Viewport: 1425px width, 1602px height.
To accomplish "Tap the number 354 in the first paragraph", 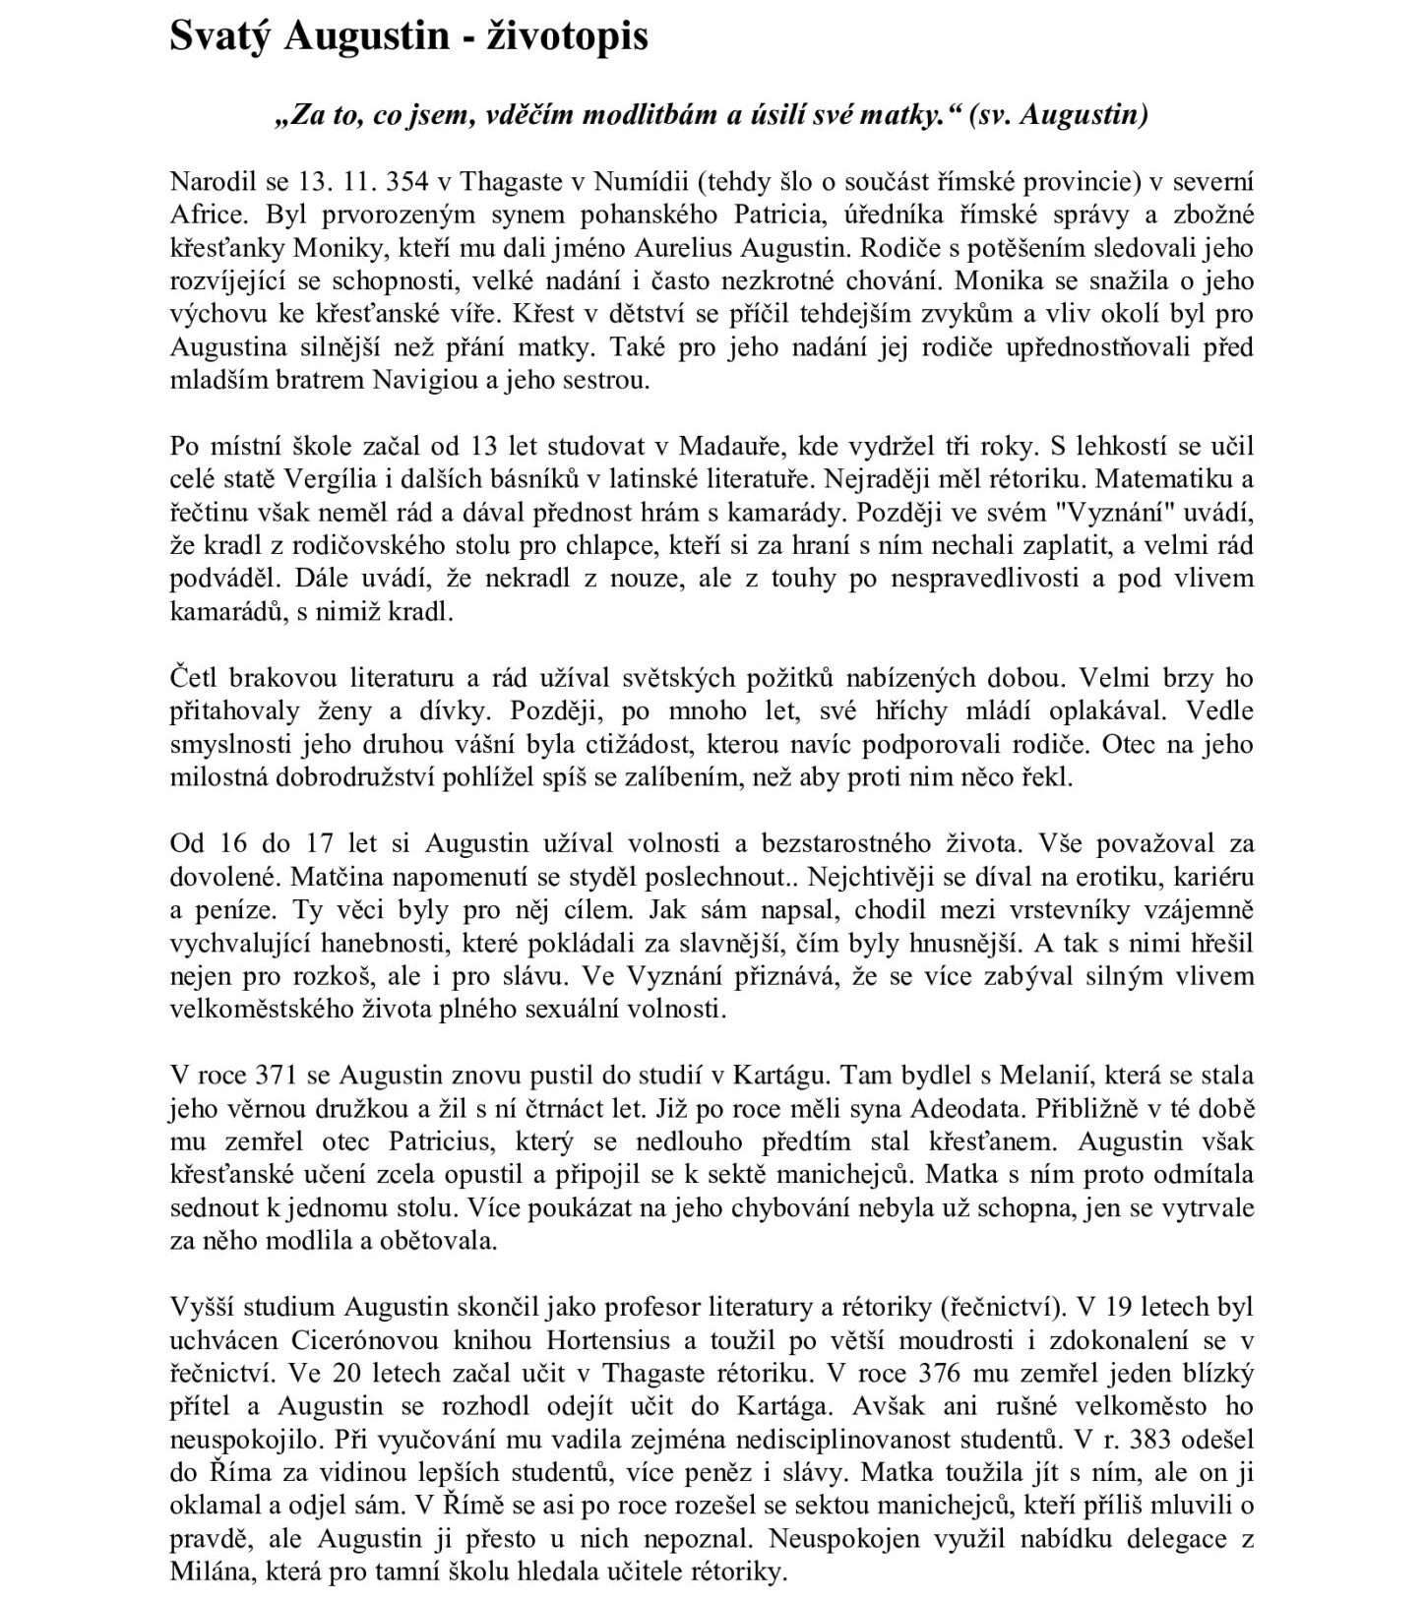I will point(408,181).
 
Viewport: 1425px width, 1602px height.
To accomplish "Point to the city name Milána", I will point(208,1571).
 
